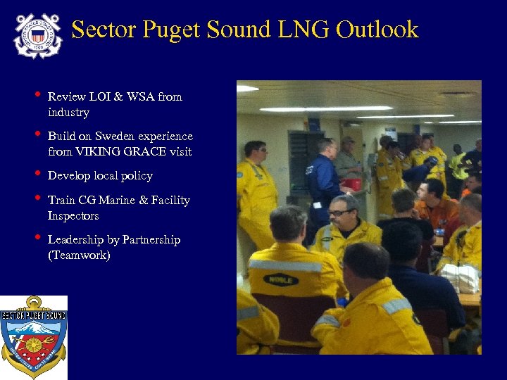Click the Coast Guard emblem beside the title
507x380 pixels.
pos(38,34)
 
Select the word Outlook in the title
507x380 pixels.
pos(377,30)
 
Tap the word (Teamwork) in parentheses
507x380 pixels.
pos(79,255)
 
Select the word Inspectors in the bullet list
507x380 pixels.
pos(73,216)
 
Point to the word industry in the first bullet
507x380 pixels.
pos(68,113)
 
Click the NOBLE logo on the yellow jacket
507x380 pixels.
pos(280,279)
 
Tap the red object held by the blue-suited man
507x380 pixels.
pos(351,184)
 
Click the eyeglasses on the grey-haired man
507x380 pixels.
pos(339,212)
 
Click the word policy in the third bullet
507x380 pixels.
pos(138,176)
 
